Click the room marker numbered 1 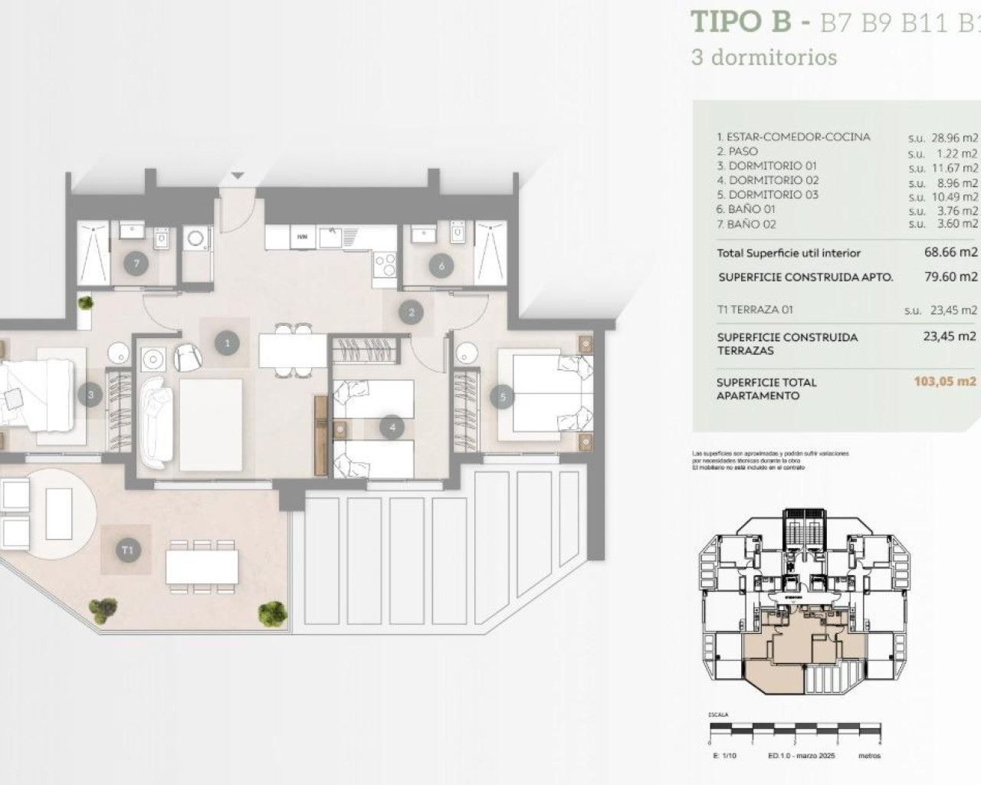click(227, 343)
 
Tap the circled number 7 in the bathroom click(136, 264)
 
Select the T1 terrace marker click(127, 550)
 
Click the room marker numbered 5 click(503, 396)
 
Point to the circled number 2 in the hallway click(412, 312)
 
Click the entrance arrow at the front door click(238, 176)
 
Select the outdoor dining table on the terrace click(202, 567)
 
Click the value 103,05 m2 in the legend click(945, 381)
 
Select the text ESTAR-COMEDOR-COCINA click(793, 137)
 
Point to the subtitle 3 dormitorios click(764, 57)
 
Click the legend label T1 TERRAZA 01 click(755, 310)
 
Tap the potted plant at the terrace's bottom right click(272, 612)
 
